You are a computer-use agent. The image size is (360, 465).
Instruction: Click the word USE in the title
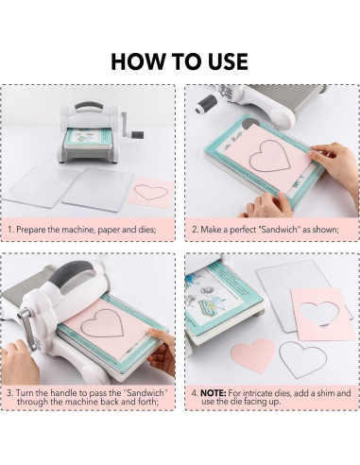click(x=228, y=61)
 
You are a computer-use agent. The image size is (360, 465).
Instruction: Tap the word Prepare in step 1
click(x=31, y=230)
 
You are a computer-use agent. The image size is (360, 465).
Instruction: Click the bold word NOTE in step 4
click(x=214, y=393)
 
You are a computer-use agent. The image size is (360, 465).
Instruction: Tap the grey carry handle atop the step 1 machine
click(x=89, y=106)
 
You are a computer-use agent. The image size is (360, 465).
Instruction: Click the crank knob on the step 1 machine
click(x=137, y=135)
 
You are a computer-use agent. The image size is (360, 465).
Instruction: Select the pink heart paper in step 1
click(x=150, y=193)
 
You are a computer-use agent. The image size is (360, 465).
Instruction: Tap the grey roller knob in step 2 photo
click(x=206, y=104)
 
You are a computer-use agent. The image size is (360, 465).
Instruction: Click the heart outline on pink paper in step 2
click(x=269, y=156)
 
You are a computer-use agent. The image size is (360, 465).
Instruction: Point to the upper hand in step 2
click(x=333, y=163)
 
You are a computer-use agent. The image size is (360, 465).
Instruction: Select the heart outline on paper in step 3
click(x=102, y=323)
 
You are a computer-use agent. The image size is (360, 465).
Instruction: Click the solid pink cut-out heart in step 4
click(x=253, y=355)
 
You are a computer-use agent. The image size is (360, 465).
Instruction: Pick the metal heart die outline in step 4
click(x=303, y=359)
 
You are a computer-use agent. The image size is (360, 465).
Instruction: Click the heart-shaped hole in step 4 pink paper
click(x=318, y=314)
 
